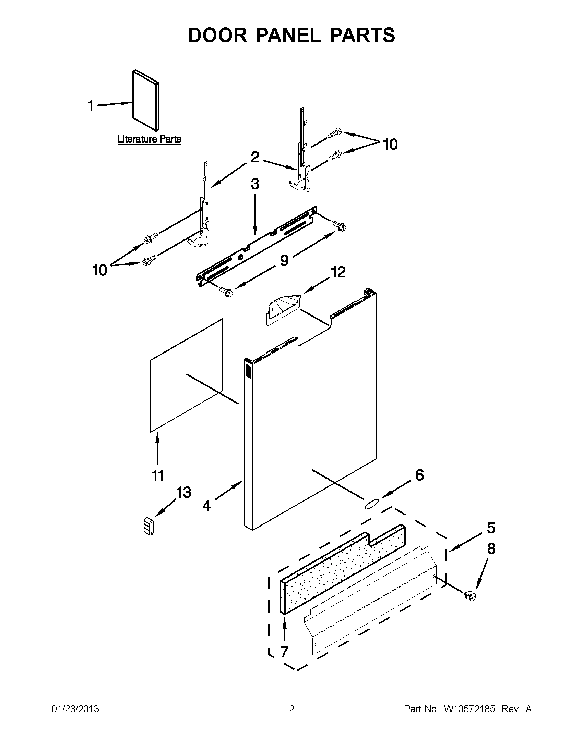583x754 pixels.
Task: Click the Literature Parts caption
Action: [149, 139]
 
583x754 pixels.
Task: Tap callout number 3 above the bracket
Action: [255, 184]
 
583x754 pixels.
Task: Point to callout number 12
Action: [338, 272]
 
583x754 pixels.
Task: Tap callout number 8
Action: [491, 548]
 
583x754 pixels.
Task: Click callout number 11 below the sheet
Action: [158, 476]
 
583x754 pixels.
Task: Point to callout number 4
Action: [206, 506]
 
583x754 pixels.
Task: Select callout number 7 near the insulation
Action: [284, 652]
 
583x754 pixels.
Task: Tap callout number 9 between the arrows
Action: [284, 260]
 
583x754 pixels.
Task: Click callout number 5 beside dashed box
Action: [491, 528]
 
